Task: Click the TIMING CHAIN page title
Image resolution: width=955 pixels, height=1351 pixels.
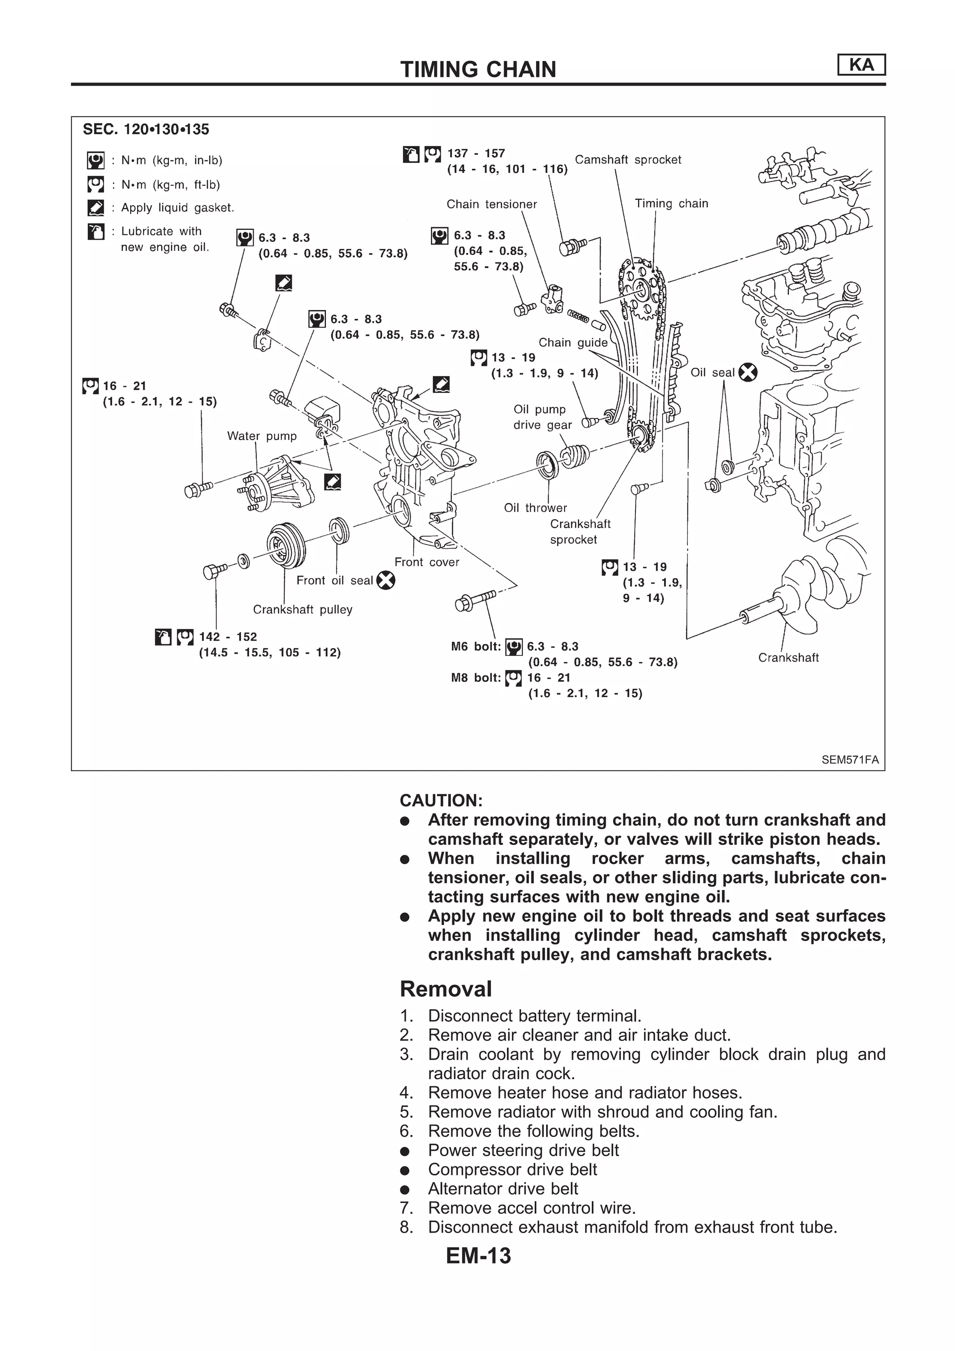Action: tap(478, 69)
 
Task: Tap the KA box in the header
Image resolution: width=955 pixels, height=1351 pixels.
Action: tap(861, 65)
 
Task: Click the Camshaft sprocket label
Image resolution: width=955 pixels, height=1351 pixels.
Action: tap(627, 159)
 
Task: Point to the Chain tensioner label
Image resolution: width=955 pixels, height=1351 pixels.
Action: tap(491, 204)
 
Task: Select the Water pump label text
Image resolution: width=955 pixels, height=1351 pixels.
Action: tap(262, 436)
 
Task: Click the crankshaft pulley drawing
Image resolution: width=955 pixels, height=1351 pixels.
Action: tap(285, 545)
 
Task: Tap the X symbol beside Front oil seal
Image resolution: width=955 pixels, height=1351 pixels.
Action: tap(386, 581)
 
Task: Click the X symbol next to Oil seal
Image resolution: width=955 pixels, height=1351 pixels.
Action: tap(747, 372)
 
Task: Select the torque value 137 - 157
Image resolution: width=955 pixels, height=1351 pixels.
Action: tap(476, 153)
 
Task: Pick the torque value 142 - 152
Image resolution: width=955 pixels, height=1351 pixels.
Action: tap(228, 637)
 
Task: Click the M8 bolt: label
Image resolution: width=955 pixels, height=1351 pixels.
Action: tap(476, 678)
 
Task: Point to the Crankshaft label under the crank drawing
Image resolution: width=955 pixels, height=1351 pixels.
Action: tap(788, 658)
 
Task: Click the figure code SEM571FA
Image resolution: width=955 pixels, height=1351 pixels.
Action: tap(850, 759)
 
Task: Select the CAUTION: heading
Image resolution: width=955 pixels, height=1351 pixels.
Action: tap(441, 800)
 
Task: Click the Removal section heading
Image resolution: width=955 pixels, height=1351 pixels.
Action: tap(445, 989)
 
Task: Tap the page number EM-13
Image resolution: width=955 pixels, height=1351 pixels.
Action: tap(478, 1256)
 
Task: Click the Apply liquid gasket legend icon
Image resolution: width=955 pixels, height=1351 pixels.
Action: tap(95, 208)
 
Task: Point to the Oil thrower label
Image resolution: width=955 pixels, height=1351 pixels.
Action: tap(535, 508)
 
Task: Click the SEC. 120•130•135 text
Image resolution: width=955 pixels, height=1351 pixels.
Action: tap(146, 130)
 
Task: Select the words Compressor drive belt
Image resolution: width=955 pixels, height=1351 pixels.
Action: tap(512, 1170)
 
